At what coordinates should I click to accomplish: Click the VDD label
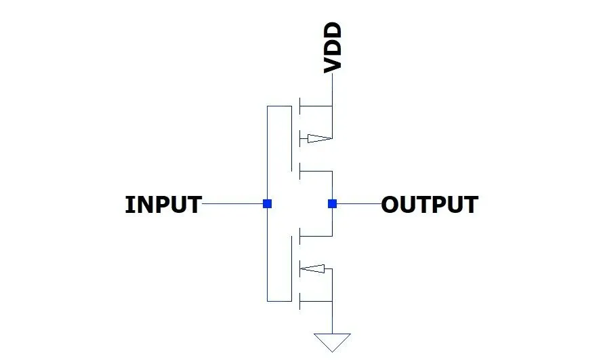pos(332,47)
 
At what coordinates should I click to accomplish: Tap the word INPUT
pos(163,204)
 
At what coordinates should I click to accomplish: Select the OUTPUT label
pos(430,204)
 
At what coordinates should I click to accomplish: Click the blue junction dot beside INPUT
pos(268,203)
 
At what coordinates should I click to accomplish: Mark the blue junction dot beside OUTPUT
pos(332,203)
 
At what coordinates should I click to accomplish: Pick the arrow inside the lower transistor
pos(314,269)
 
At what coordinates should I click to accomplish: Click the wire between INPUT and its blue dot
pos(234,203)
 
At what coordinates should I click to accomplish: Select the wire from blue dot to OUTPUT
pos(357,203)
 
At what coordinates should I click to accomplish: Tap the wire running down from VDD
pos(332,88)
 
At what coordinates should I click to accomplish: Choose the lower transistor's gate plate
pos(292,268)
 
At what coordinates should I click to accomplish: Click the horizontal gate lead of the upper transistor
pos(279,106)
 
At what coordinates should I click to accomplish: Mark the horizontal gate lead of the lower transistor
pos(279,300)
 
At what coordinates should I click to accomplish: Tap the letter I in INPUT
pos(129,204)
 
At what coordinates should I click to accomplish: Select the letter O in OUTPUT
pos(390,204)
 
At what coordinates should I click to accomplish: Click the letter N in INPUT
pos(141,204)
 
